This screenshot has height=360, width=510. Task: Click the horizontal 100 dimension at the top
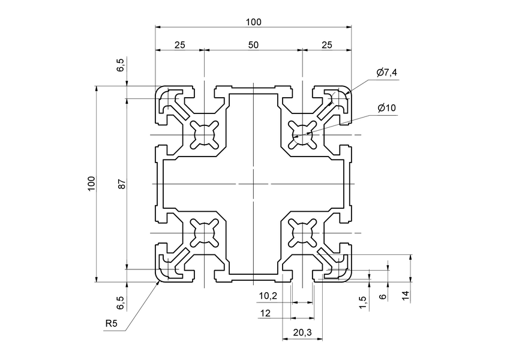pos(253,22)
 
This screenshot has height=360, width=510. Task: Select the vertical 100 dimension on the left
pos(91,184)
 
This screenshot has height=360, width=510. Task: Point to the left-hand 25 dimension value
pos(179,45)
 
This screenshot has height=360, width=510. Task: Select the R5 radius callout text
pos(111,324)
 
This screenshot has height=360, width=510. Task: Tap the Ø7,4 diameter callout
pos(387,73)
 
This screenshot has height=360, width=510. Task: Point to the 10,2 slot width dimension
pos(268,296)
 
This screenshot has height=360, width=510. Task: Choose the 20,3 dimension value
pos(301,331)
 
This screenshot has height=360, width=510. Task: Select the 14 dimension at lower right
pos(406,295)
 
